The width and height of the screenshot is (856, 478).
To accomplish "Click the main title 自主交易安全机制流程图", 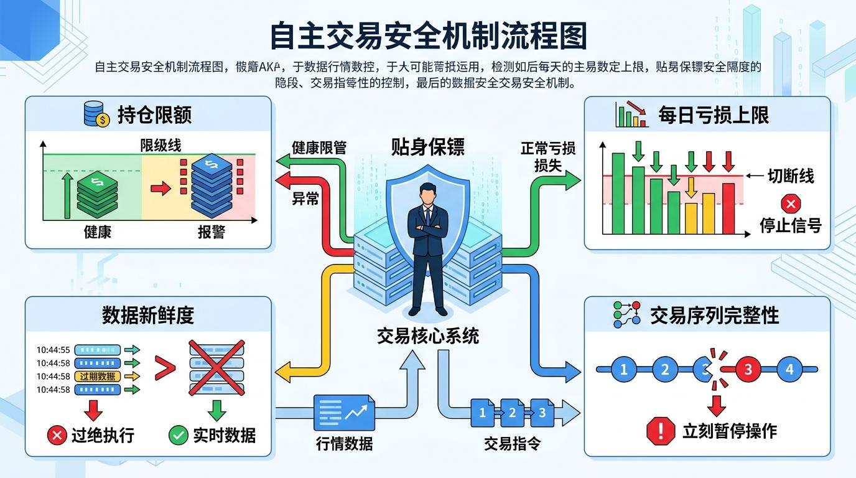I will tap(428, 36).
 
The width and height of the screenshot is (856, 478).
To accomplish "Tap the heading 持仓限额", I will tap(154, 115).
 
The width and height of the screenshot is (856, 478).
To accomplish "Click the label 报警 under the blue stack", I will tap(212, 232).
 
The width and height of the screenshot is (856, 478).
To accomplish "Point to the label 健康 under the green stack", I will tap(98, 232).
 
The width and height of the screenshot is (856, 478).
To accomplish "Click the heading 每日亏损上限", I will tap(714, 115).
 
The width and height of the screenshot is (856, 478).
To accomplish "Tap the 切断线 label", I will tap(790, 176).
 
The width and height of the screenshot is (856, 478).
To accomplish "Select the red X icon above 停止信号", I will tap(791, 204).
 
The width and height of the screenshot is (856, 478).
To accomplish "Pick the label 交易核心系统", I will tap(428, 335).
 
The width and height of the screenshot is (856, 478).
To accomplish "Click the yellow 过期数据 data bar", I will tap(98, 376).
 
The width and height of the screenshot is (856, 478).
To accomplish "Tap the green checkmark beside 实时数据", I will tap(179, 435).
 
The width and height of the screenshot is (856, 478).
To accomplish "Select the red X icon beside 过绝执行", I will tap(57, 435).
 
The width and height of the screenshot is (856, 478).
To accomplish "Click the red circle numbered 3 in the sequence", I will tap(748, 369).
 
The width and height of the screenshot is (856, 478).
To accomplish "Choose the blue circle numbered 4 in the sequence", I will tap(789, 369).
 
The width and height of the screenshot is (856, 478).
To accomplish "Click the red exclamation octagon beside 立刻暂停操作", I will tap(661, 431).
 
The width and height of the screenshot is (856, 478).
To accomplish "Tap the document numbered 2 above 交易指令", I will tap(513, 412).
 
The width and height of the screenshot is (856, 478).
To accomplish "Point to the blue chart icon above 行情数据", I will tap(344, 412).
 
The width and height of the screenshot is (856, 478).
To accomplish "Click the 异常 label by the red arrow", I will tap(305, 199).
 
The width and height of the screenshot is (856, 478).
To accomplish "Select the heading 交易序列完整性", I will tap(714, 315).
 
